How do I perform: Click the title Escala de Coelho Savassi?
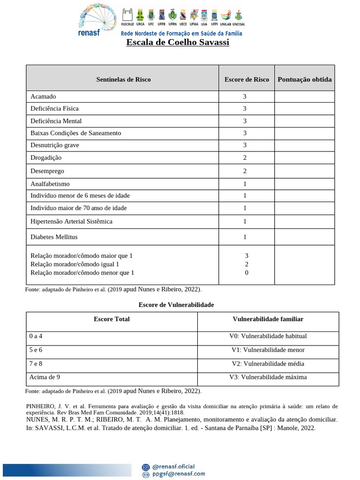pos(178,43)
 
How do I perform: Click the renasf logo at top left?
pos(92,20)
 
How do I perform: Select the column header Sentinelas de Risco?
pos(123,79)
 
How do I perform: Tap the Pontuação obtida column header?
pos(304,79)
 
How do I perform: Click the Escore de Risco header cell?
pos(247,79)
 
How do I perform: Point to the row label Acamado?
pos(43,97)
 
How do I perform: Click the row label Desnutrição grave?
pos(55,145)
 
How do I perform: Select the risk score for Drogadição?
pos(245,158)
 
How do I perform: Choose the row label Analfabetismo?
pos(50,184)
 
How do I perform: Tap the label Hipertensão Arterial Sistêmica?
pos(71,221)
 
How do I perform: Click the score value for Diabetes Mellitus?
pos(245,237)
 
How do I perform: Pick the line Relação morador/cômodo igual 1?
pos(75,264)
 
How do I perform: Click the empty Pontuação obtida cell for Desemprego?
pos(304,171)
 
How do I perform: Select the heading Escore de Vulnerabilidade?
pos(176,305)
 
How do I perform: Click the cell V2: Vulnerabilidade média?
pos(268,363)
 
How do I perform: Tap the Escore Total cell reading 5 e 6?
pos(36,350)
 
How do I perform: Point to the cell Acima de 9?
pos(45,377)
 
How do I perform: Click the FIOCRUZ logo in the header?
pos(127,17)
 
